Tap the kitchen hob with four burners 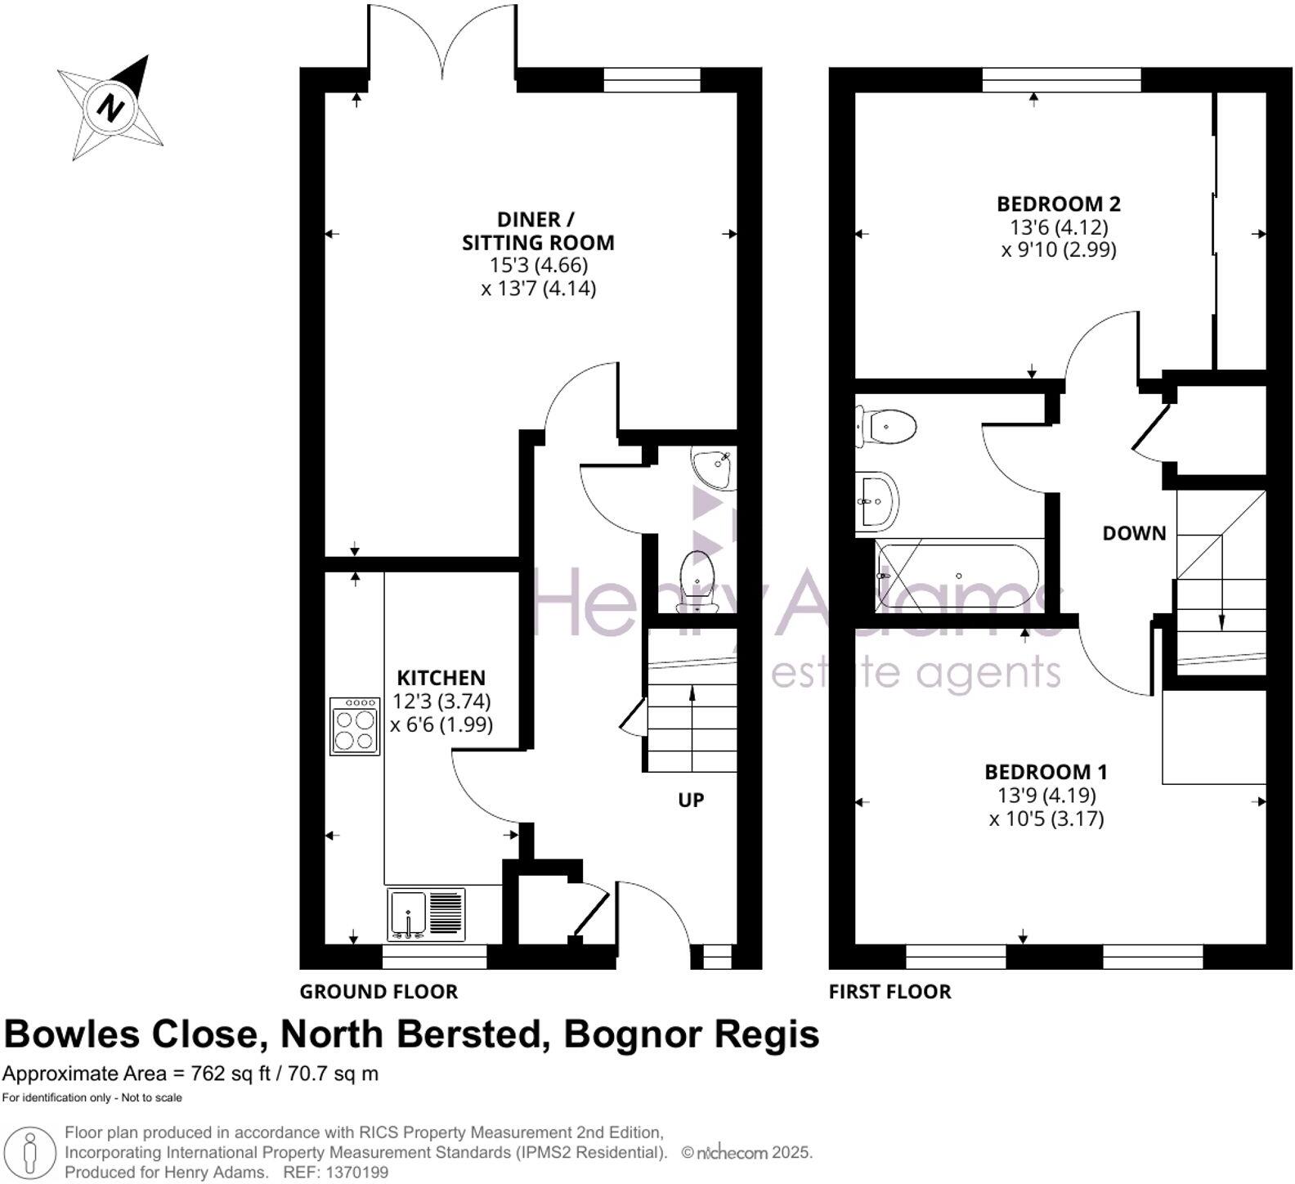click(x=355, y=726)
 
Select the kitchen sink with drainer click(x=425, y=914)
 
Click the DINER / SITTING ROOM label click(x=537, y=231)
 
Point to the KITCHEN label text click(x=441, y=678)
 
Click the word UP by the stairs click(x=691, y=800)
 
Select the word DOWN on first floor click(x=1134, y=533)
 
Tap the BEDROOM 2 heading click(x=1058, y=204)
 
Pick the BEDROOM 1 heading click(x=1046, y=771)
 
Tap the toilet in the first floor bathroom click(x=885, y=426)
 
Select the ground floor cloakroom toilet click(x=697, y=581)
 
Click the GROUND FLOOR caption click(x=379, y=992)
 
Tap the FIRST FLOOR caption click(x=889, y=992)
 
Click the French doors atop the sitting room click(x=442, y=41)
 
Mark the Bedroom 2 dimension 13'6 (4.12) click(x=1058, y=226)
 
